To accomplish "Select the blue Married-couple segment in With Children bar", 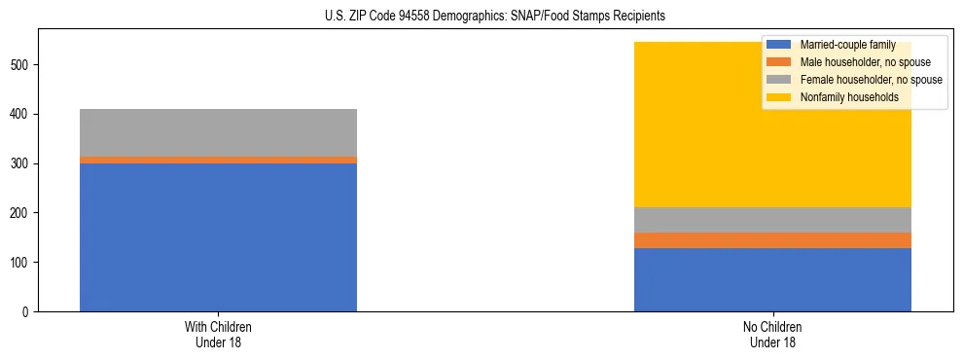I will tap(218, 237).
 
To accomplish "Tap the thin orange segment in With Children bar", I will tap(218, 160).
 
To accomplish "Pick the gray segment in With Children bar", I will tap(218, 132).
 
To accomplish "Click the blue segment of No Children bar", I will tap(772, 279).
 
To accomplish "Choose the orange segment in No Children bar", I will tap(772, 240).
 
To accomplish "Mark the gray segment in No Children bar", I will tap(772, 220).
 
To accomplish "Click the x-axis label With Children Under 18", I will tap(218, 334).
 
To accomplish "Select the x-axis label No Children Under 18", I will tap(772, 334).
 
